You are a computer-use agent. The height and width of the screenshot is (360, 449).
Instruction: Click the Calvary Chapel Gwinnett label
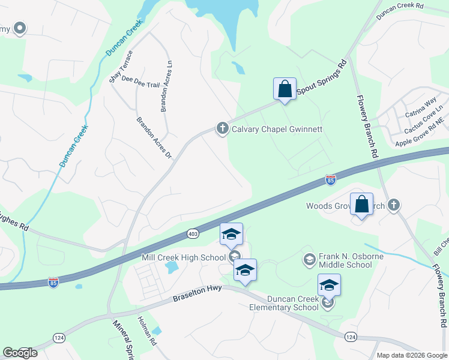click(277, 129)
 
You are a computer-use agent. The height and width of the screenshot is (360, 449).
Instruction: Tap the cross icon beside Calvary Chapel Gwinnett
click(222, 128)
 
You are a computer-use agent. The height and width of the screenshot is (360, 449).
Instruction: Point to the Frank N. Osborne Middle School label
click(345, 260)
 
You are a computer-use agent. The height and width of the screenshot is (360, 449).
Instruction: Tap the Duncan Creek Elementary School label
click(285, 303)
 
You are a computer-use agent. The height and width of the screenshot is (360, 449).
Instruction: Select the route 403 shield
click(193, 233)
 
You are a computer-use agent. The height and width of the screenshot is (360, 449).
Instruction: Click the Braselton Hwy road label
click(197, 292)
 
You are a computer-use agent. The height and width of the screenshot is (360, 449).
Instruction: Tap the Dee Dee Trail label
click(140, 82)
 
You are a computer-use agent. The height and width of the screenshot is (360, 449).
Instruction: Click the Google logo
click(20, 353)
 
